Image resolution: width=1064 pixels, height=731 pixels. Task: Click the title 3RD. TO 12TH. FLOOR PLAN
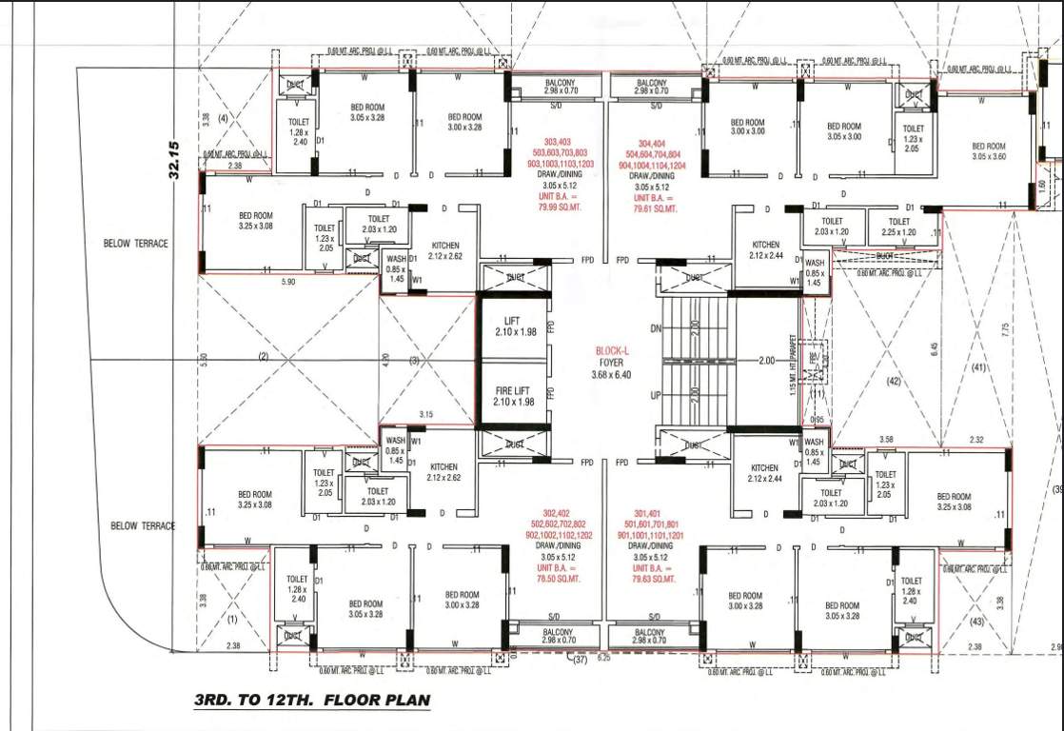coord(311,701)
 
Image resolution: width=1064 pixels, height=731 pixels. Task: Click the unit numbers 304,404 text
coord(652,143)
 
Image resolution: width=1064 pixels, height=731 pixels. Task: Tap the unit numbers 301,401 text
coord(652,513)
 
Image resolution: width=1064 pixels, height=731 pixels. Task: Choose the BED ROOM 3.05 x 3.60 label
coord(990,151)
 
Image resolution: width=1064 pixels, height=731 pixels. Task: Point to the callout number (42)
coord(892,382)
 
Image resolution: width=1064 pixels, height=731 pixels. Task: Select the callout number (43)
coord(977,622)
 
